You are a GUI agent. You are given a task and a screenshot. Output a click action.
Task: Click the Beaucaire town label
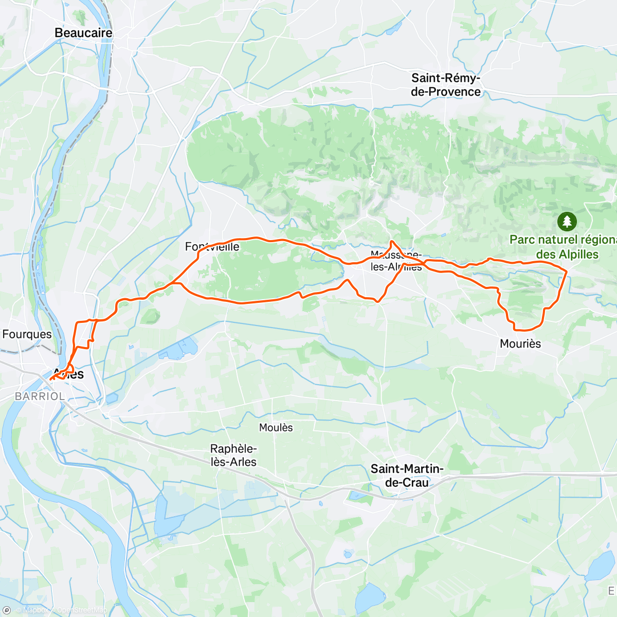[83, 33]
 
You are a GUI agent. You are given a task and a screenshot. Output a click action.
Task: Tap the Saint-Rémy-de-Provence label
[446, 85]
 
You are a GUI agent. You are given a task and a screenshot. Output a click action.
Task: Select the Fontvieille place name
[212, 247]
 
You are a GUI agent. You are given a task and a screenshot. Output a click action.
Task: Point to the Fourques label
[27, 334]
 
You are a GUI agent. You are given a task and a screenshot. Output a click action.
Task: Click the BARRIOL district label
[40, 396]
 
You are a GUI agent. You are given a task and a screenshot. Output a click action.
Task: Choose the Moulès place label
[276, 428]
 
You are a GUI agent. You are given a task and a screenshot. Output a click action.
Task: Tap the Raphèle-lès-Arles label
[233, 456]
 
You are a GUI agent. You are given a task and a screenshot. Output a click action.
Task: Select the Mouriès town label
[520, 343]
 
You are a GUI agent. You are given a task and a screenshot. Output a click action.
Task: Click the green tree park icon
[567, 222]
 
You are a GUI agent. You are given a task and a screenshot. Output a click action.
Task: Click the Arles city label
[69, 374]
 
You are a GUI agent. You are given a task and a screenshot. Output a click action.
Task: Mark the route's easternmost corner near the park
[567, 272]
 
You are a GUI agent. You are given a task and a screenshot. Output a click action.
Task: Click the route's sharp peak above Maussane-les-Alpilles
[392, 241]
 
